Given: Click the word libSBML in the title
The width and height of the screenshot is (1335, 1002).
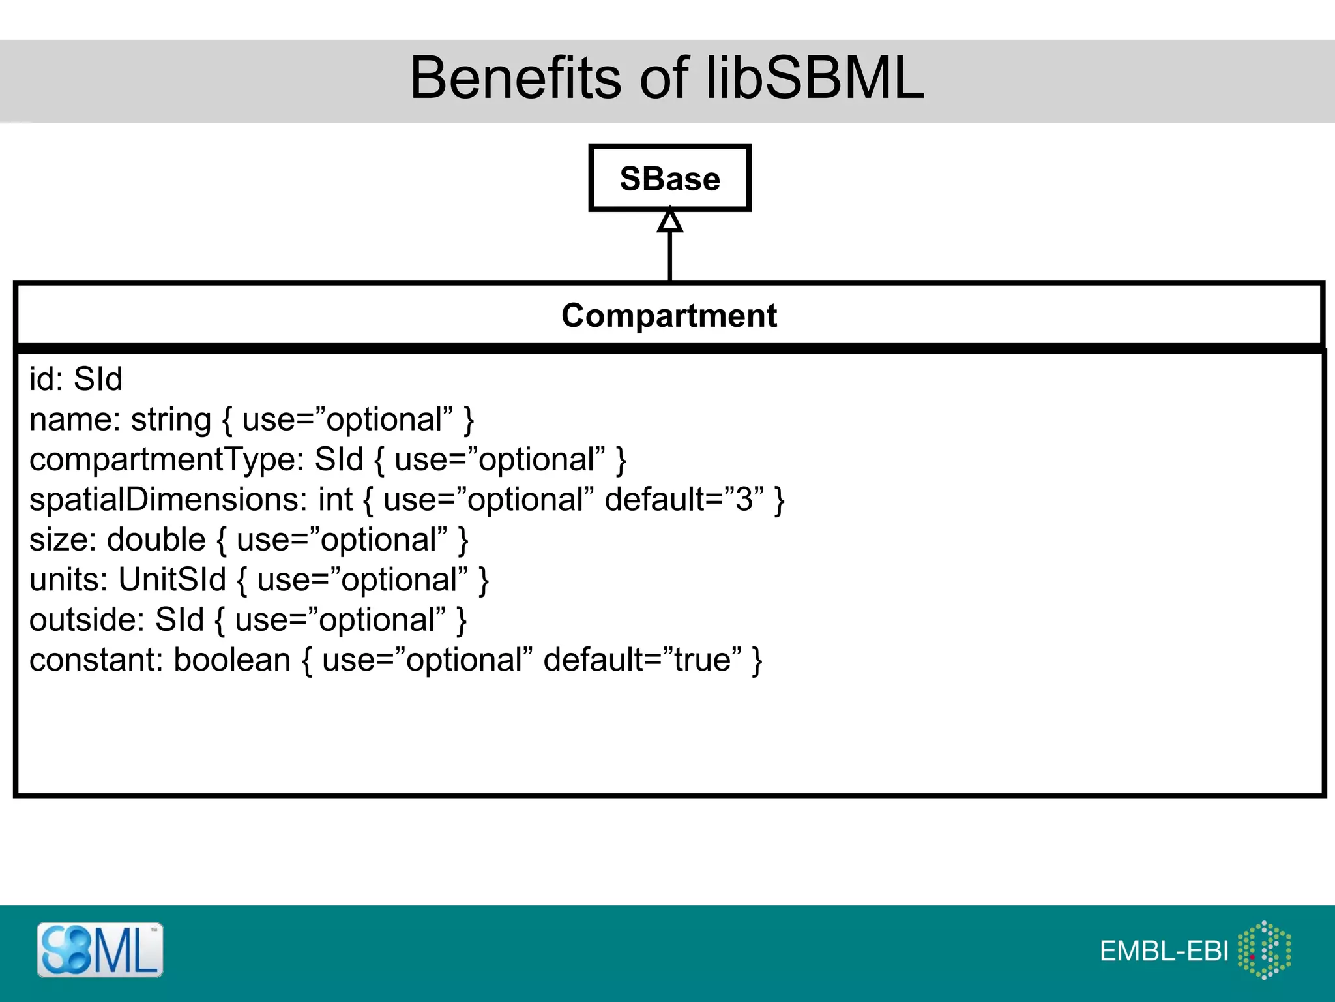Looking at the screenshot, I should (815, 78).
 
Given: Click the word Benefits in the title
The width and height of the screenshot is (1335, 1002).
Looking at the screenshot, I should (516, 78).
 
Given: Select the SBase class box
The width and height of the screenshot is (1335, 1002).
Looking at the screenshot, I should (669, 178).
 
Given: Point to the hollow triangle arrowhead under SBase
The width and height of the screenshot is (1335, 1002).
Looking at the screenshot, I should (669, 221).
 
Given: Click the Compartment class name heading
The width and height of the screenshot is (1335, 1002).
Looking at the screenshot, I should (669, 316).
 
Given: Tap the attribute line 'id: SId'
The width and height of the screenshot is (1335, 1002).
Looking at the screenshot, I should (76, 379).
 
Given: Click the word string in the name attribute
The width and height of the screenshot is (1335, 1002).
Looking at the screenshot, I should (171, 420).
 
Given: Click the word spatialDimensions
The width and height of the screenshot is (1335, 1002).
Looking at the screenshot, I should (168, 500).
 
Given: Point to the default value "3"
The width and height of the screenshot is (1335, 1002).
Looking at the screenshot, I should (744, 500).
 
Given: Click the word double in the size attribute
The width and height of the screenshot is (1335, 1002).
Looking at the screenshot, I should (156, 540).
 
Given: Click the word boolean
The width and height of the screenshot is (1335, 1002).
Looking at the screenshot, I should (232, 660).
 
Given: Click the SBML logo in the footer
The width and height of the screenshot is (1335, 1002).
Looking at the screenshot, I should (100, 950).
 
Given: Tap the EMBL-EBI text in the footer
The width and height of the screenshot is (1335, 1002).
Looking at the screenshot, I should (1164, 951).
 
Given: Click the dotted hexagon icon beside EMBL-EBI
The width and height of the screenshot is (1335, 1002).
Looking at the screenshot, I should (1264, 950).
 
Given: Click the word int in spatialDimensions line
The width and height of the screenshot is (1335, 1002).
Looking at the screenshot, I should (335, 500).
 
